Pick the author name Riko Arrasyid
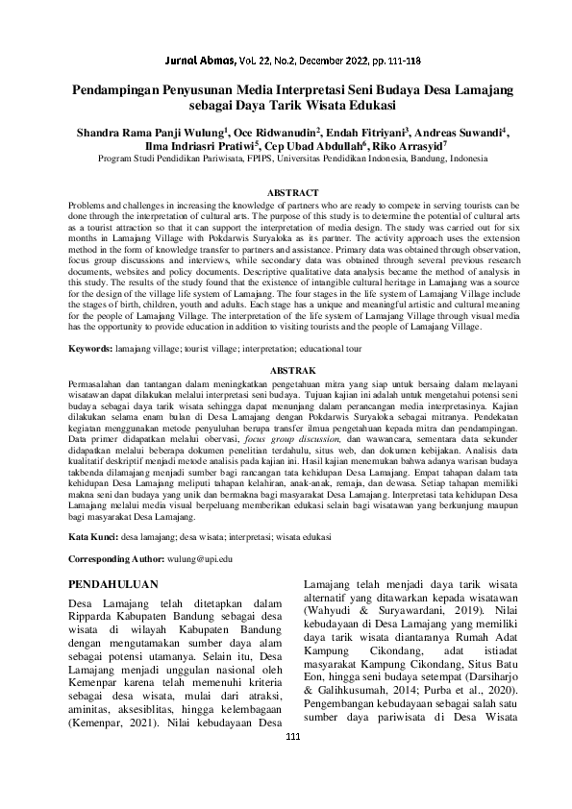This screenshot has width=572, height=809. [x=410, y=147]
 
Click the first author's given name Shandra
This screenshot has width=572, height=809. [x=96, y=133]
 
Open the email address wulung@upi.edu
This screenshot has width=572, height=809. [x=200, y=557]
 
